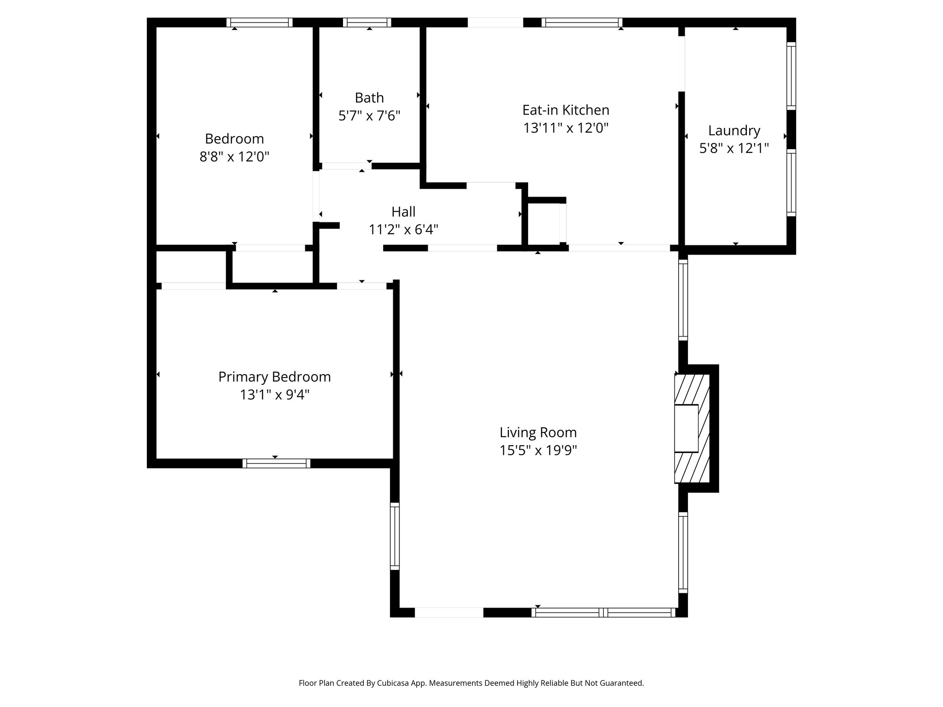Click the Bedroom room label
pyautogui.click(x=234, y=139)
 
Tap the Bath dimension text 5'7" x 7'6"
pyautogui.click(x=369, y=116)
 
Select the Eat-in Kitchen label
pyautogui.click(x=565, y=110)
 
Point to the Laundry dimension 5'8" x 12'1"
pyautogui.click(x=734, y=148)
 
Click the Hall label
pyautogui.click(x=403, y=212)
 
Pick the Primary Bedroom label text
pyautogui.click(x=274, y=377)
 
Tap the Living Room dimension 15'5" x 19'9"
pyautogui.click(x=538, y=450)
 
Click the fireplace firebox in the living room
pyautogui.click(x=686, y=428)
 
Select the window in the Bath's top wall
pyautogui.click(x=367, y=23)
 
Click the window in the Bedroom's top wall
pyautogui.click(x=260, y=23)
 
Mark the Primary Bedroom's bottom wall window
pyautogui.click(x=276, y=463)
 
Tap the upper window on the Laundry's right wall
pyautogui.click(x=791, y=76)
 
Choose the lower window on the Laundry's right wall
pyautogui.click(x=791, y=182)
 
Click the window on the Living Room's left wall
pyautogui.click(x=395, y=536)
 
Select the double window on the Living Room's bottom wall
pyautogui.click(x=603, y=613)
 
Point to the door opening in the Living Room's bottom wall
pyautogui.click(x=449, y=613)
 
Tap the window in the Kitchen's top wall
pyautogui.click(x=582, y=23)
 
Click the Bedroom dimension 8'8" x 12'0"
pyautogui.click(x=234, y=157)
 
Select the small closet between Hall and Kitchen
pyautogui.click(x=544, y=223)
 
